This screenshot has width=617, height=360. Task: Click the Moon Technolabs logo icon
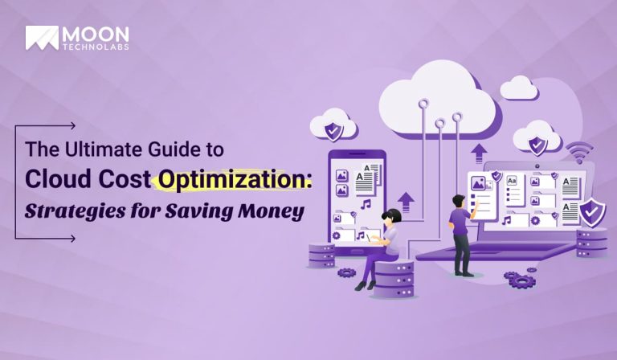41,37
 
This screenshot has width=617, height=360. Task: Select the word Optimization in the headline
233,180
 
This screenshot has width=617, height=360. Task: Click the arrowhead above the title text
73,125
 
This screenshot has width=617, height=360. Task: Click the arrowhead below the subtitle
73,238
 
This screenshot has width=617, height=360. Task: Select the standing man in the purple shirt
461,233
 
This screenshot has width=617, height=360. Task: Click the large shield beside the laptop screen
593,211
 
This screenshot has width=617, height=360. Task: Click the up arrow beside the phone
406,201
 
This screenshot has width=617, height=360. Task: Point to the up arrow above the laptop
480,152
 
